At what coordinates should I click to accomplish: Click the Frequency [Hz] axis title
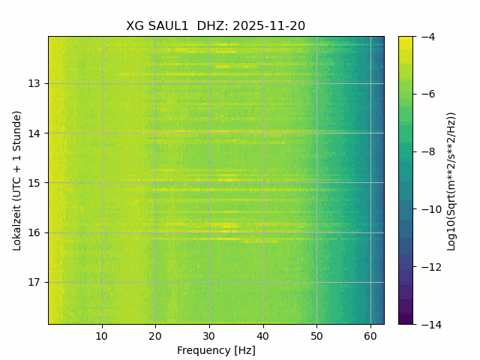tap(216, 350)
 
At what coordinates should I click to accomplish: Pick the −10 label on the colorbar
tap(431, 209)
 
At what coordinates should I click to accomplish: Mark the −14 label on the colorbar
tap(431, 324)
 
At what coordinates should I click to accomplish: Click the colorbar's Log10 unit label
tap(451, 180)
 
